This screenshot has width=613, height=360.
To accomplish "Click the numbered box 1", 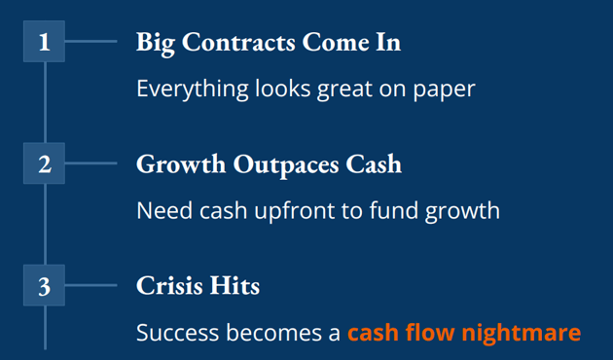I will (44, 42).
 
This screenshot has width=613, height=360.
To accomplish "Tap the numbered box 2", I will (44, 163).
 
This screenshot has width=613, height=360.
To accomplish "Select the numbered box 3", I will (44, 286).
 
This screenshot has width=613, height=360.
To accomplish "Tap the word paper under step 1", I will (444, 90).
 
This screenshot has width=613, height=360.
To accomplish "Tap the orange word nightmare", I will (526, 333).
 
